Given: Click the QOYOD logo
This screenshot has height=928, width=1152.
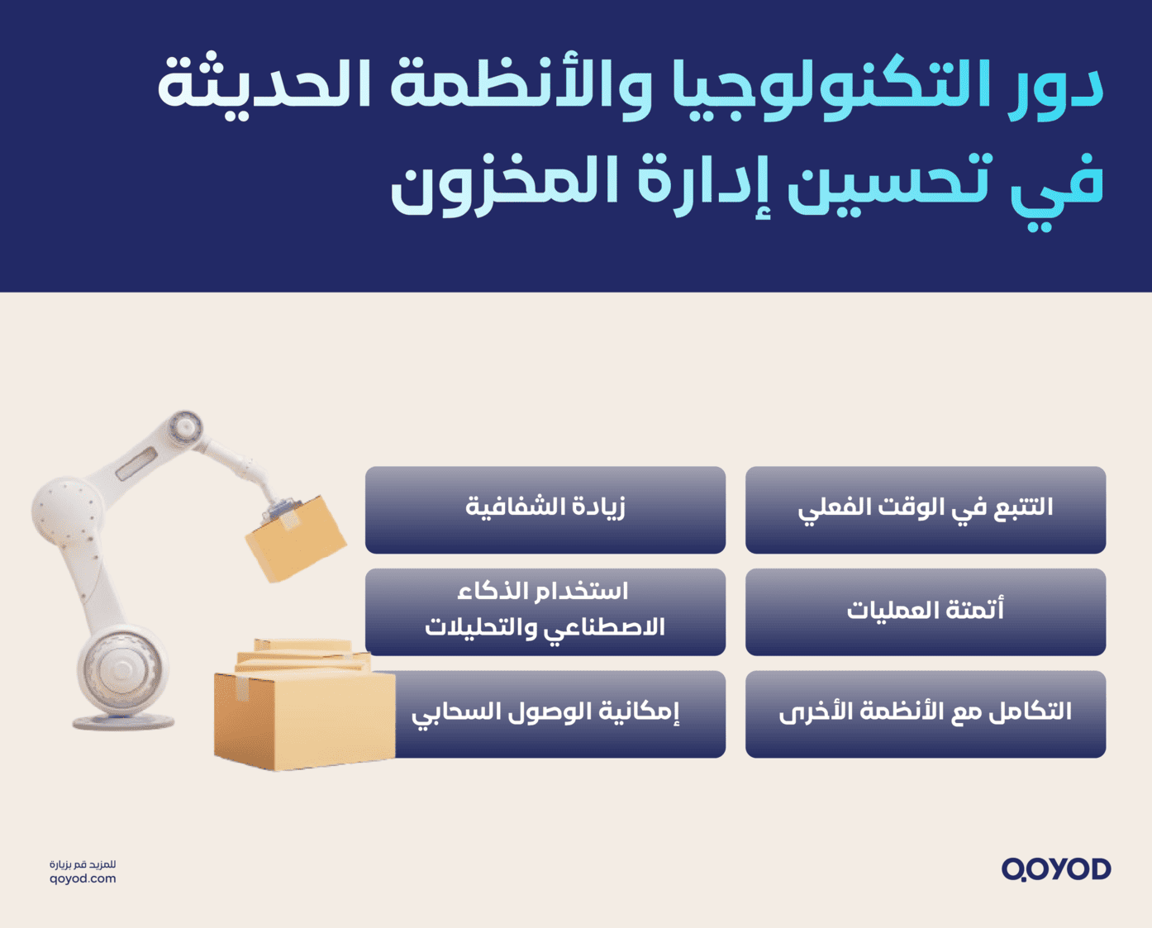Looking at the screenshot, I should tap(1056, 869).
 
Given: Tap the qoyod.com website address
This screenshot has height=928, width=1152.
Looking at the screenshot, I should tap(83, 879).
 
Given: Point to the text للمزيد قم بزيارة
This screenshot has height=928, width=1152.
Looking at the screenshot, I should tap(83, 864).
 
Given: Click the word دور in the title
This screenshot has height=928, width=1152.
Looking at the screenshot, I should tap(1058, 86).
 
